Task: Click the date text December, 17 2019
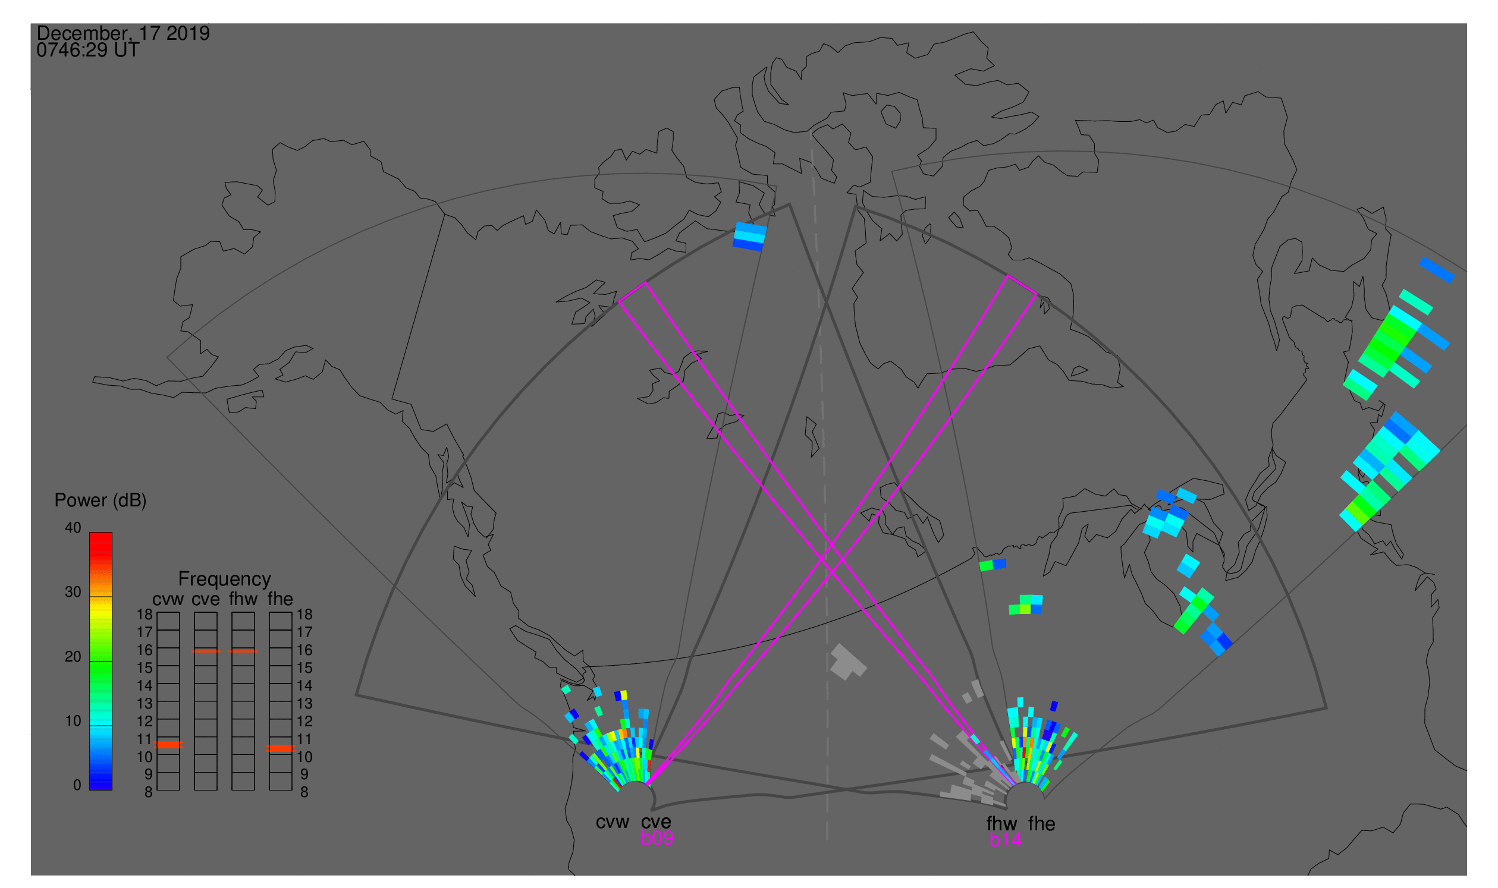(123, 33)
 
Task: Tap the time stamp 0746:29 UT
(88, 51)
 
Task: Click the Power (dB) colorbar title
(101, 501)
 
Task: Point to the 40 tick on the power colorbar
(73, 528)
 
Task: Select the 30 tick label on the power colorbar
(73, 593)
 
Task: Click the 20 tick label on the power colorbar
(73, 657)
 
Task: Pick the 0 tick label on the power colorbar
(77, 786)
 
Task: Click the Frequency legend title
(225, 580)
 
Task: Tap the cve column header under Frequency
(205, 600)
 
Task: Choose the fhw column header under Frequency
(243, 600)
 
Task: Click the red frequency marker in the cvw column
(168, 745)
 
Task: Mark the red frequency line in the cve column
(205, 651)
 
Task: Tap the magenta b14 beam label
(1006, 840)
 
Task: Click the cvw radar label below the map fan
(613, 823)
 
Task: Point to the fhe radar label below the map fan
(1042, 824)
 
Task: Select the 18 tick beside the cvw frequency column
(145, 615)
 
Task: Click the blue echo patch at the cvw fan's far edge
(750, 237)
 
